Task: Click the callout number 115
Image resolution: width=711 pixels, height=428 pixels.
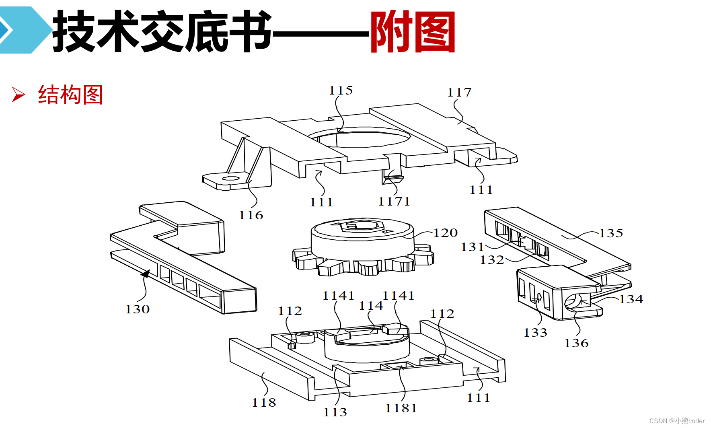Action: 341,91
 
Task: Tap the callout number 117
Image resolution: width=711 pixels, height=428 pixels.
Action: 459,93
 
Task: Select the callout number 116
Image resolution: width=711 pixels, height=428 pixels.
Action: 251,215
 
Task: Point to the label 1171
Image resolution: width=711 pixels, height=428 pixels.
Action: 394,202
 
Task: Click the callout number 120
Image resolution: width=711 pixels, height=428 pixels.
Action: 445,233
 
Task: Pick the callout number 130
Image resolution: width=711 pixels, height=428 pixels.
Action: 138,309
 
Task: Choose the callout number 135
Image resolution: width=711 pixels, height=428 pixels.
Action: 611,233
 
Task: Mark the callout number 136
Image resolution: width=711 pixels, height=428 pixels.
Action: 576,343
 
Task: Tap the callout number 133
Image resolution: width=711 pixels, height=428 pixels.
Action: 535,333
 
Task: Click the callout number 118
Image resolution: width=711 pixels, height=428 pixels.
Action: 264,403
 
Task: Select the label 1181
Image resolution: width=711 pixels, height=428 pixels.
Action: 401,408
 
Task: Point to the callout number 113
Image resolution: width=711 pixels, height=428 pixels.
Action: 335,412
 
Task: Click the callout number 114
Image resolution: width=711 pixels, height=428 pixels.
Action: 371,306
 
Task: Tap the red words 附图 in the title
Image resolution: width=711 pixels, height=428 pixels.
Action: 413,32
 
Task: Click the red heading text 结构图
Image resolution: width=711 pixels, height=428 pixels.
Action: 70,95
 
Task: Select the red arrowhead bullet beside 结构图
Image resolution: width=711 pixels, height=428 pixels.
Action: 18,95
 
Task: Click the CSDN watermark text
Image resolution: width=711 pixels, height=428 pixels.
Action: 677,421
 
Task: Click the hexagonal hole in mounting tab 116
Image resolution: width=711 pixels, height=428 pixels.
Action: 230,178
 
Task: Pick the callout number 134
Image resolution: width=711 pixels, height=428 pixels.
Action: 631,299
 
